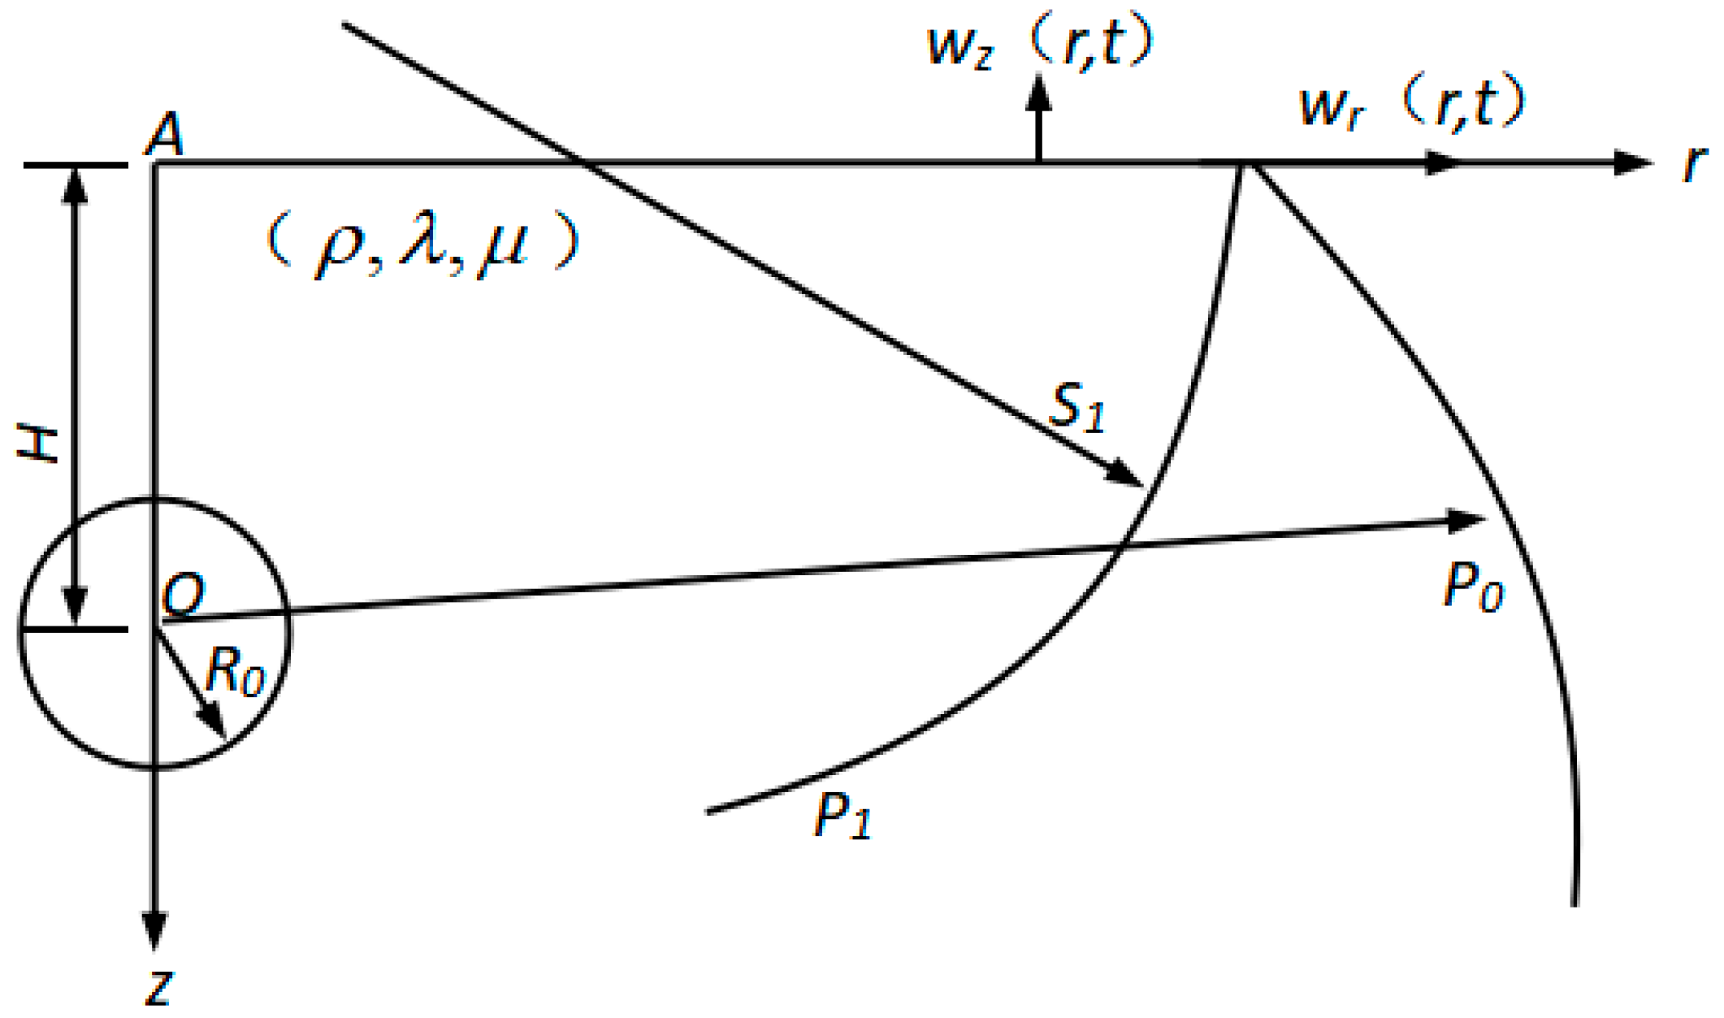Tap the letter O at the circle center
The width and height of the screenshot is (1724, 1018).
tap(183, 595)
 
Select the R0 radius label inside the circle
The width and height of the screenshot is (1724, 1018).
tap(235, 671)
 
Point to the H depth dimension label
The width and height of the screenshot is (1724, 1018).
tap(38, 447)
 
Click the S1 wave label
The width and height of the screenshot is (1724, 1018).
tap(1076, 407)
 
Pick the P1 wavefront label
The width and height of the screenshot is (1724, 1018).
tap(843, 815)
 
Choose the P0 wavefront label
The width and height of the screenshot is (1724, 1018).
tap(1473, 587)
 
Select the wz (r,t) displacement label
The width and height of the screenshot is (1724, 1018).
tap(1040, 45)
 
